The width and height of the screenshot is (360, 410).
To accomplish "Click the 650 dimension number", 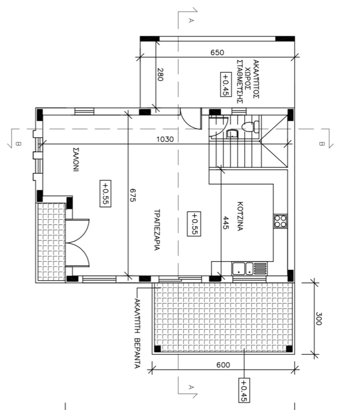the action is (x=217, y=52).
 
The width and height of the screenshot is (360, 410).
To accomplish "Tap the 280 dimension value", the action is (x=160, y=74).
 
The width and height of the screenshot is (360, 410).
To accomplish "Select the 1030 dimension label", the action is (x=165, y=139).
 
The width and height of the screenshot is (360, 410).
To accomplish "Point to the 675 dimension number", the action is (x=132, y=195).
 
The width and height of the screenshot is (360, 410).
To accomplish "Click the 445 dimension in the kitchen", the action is (x=226, y=223).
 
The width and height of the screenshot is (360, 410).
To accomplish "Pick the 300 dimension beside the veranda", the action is (x=318, y=318).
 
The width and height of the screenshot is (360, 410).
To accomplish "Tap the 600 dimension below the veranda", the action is (x=223, y=365).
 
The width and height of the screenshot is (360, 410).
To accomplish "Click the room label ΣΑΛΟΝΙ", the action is (x=76, y=159).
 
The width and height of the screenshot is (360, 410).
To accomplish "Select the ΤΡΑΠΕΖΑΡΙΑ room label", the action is (x=157, y=230).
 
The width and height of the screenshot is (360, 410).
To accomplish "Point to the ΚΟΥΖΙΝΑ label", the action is (x=240, y=216).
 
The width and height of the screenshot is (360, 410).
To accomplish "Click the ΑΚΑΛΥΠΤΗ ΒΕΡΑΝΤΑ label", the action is (x=138, y=333).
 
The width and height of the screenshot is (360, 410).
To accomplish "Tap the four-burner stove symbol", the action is (x=281, y=221).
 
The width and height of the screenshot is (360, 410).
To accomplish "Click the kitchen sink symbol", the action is (x=249, y=269).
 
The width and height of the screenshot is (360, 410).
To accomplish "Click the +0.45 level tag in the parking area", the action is (x=226, y=84).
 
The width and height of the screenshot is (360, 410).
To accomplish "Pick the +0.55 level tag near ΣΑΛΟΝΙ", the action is (x=105, y=194).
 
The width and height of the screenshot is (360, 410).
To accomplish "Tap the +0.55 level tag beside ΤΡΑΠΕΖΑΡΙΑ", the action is (x=194, y=224).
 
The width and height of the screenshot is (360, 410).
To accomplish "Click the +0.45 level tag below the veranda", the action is (x=244, y=390).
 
